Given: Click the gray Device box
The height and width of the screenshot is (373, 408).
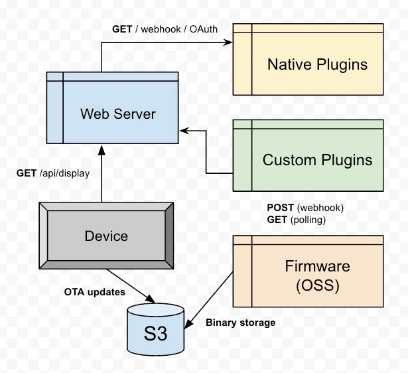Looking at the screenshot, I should [x=106, y=236].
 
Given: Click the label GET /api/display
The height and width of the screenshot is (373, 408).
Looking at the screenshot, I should [x=53, y=174].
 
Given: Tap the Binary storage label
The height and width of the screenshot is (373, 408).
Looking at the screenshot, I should [x=240, y=323].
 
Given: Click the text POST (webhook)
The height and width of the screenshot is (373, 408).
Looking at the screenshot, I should [x=305, y=207].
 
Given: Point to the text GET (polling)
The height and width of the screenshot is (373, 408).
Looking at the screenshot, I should [x=297, y=218].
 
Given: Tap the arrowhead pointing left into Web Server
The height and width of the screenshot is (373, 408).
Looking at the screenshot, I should [x=185, y=131].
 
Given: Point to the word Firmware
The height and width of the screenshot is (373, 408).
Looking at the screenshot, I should [x=317, y=266].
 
